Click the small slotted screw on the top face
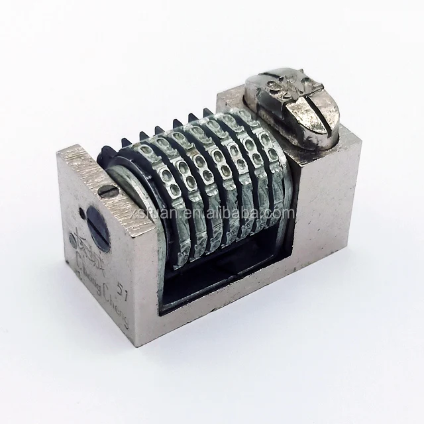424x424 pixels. pyautogui.click(x=109, y=192)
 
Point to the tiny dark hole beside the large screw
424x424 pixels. pyautogui.click(x=81, y=214)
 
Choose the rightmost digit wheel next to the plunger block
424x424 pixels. pyautogui.click(x=262, y=166)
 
